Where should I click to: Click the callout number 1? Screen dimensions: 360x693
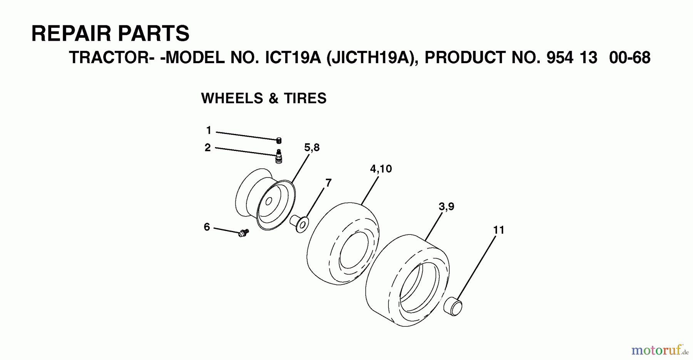pyautogui.click(x=209, y=131)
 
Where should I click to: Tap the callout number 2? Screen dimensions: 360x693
pyautogui.click(x=208, y=147)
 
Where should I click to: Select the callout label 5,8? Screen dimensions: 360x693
pyautogui.click(x=311, y=147)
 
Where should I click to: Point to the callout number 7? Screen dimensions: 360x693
pyautogui.click(x=328, y=183)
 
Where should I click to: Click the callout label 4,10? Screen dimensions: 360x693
pyautogui.click(x=381, y=169)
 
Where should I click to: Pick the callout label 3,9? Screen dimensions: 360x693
pyautogui.click(x=446, y=207)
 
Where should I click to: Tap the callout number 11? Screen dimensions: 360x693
pyautogui.click(x=499, y=230)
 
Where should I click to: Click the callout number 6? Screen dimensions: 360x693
pyautogui.click(x=207, y=227)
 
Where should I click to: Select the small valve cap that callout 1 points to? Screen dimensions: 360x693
pyautogui.click(x=279, y=141)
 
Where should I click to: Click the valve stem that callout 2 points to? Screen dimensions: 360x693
pyautogui.click(x=279, y=157)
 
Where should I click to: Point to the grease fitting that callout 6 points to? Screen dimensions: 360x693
pyautogui.click(x=243, y=233)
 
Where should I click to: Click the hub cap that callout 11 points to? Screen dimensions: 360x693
pyautogui.click(x=453, y=306)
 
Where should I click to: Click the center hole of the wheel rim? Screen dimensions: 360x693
pyautogui.click(x=269, y=201)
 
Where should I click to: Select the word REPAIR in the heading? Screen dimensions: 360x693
pyautogui.click(x=72, y=33)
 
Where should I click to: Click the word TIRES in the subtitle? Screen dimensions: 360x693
pyautogui.click(x=305, y=99)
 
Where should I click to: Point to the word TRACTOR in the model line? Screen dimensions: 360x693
pyautogui.click(x=109, y=58)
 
